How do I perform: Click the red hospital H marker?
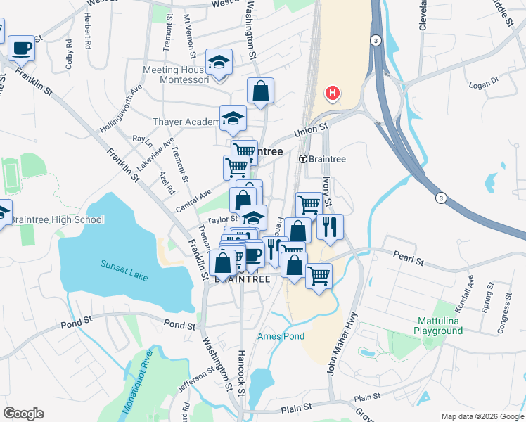[x=333, y=93]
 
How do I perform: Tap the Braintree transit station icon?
[x=303, y=159]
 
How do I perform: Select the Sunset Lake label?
[x=124, y=271]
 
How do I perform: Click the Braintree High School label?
[x=57, y=219]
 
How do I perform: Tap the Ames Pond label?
[x=281, y=336]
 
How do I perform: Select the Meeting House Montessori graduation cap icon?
[x=219, y=62]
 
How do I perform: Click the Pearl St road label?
[x=409, y=261]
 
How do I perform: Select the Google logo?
[x=23, y=414]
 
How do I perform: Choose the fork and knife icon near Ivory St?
[x=329, y=226]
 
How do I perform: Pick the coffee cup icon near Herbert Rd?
[x=21, y=48]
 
